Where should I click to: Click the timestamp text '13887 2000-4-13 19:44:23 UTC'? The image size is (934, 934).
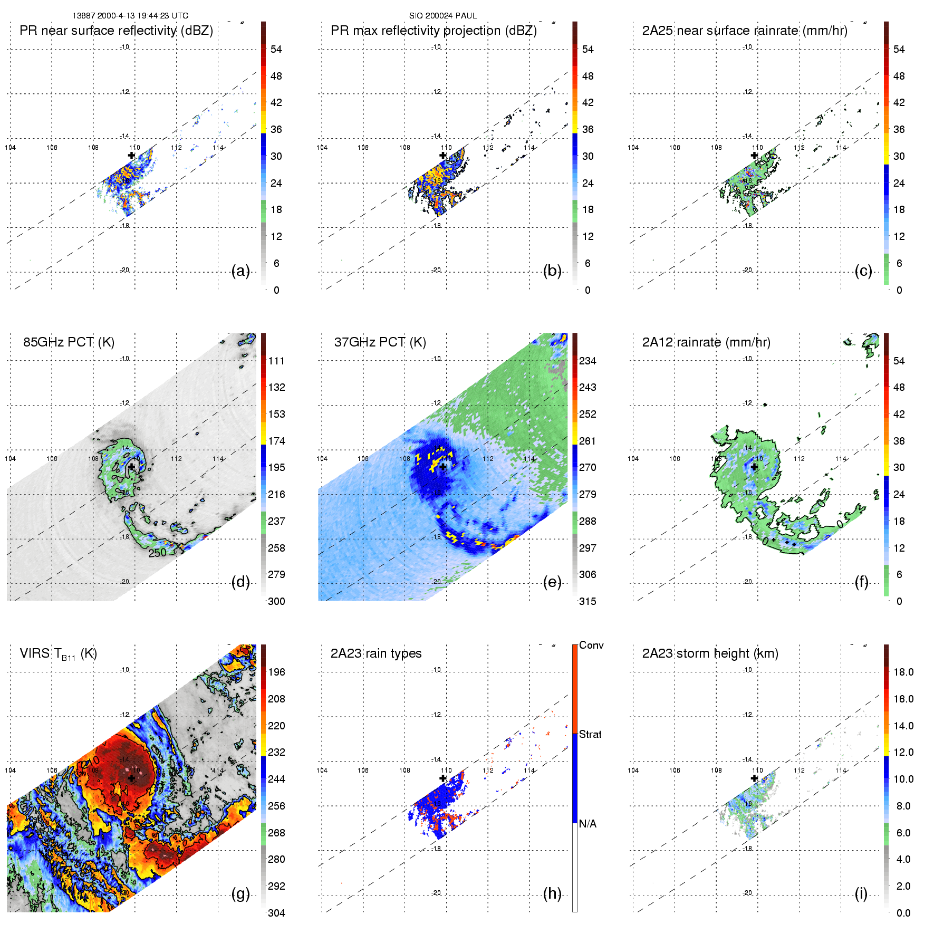click(130, 16)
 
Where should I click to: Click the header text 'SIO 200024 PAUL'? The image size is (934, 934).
click(443, 16)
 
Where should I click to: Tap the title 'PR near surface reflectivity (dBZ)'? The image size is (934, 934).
click(116, 31)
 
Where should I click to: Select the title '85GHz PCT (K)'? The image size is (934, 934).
click(69, 342)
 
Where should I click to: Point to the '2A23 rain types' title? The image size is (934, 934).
click(376, 653)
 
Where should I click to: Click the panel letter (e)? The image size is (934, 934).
click(552, 582)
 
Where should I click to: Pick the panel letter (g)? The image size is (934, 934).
click(240, 893)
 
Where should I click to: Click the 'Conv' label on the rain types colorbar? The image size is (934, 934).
click(591, 645)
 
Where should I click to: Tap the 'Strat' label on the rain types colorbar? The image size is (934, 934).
click(590, 734)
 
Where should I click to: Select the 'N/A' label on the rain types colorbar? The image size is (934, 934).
click(588, 824)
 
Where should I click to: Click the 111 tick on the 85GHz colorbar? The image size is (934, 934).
click(276, 361)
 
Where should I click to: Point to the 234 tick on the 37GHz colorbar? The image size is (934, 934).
click(588, 361)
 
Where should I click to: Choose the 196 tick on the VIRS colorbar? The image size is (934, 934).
click(276, 672)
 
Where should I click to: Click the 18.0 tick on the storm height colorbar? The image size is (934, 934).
click(903, 672)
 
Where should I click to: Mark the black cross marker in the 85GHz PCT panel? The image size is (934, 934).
click(131, 467)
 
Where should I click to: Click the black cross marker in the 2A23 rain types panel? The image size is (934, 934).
click(443, 778)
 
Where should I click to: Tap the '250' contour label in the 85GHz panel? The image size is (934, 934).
click(157, 553)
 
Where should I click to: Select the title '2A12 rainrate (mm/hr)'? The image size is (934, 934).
click(706, 342)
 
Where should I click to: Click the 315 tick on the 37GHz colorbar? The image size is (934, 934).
click(588, 601)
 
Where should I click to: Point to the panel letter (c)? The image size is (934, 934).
click(863, 271)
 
